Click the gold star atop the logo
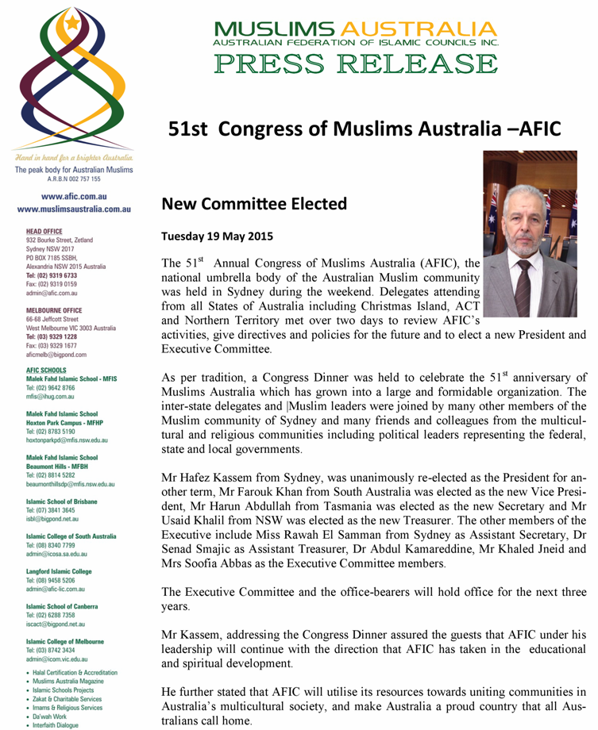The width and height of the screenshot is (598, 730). (74, 23)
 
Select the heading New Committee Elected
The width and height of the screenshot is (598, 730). (254, 204)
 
